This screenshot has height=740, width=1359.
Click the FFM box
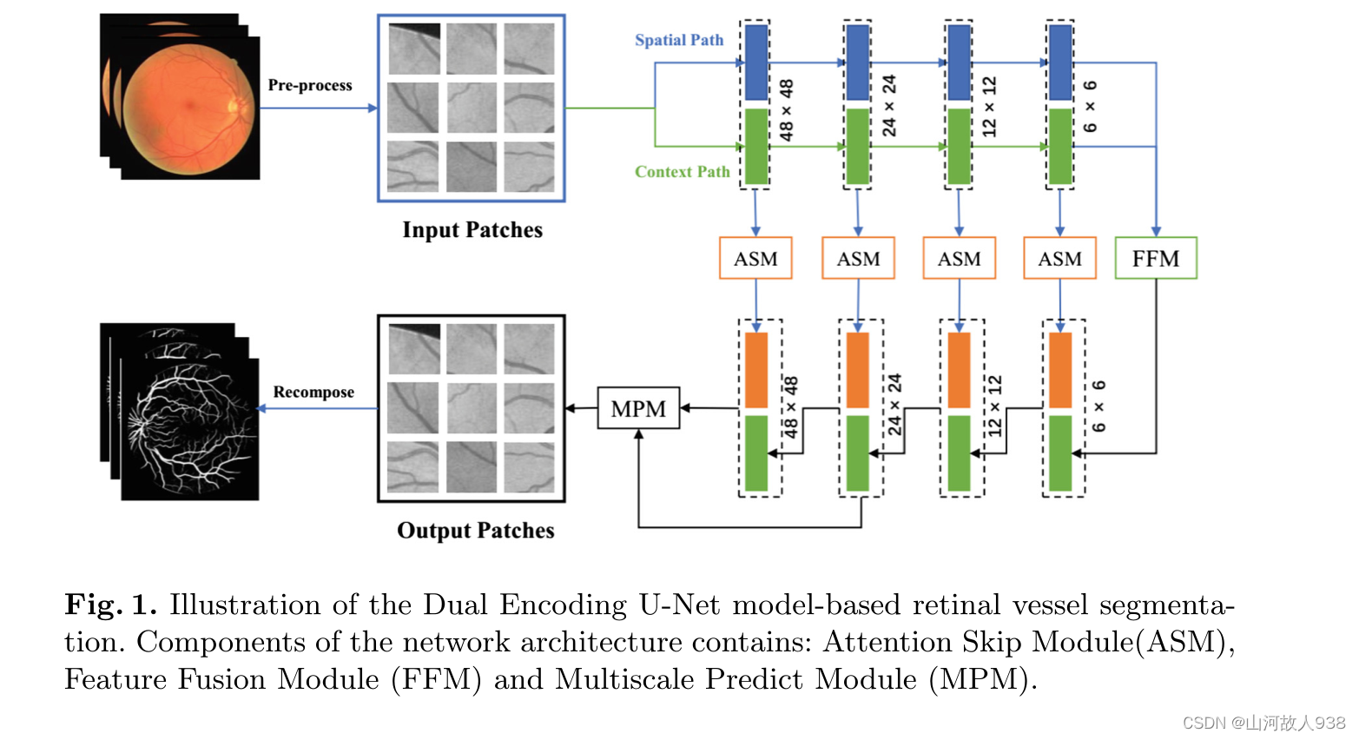(1155, 258)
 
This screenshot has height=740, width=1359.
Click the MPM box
(638, 408)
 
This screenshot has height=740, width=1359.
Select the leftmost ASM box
(755, 258)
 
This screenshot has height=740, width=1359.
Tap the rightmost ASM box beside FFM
(1059, 258)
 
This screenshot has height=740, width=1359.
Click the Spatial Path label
(678, 40)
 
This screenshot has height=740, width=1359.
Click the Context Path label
(682, 172)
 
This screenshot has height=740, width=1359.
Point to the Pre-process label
(310, 85)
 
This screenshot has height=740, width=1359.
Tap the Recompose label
(313, 392)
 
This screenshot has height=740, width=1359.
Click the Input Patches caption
(472, 230)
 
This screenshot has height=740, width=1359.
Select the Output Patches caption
(475, 531)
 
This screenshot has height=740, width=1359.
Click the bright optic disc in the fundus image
(233, 106)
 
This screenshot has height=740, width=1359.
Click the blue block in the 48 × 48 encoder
(756, 63)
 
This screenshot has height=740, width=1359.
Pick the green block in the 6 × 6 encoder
(1059, 146)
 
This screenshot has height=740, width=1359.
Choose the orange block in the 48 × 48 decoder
(756, 370)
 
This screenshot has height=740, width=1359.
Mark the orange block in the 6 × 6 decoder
(1060, 370)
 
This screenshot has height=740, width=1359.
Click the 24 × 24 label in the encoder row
(889, 105)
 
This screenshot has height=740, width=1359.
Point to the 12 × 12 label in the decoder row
(995, 406)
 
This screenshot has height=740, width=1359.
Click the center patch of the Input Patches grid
(472, 108)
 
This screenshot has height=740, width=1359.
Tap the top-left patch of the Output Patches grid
(413, 348)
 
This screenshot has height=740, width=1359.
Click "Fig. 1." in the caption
(110, 605)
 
